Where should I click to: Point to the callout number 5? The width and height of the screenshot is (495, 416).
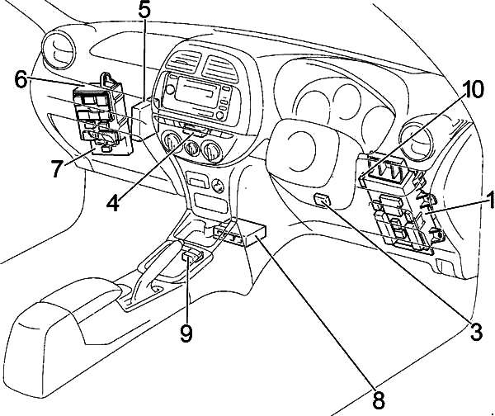(x=144, y=12)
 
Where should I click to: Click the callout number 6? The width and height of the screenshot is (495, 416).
(x=20, y=80)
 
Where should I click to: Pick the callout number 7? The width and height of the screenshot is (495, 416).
(x=56, y=170)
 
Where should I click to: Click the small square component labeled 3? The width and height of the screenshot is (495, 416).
(x=325, y=200)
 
